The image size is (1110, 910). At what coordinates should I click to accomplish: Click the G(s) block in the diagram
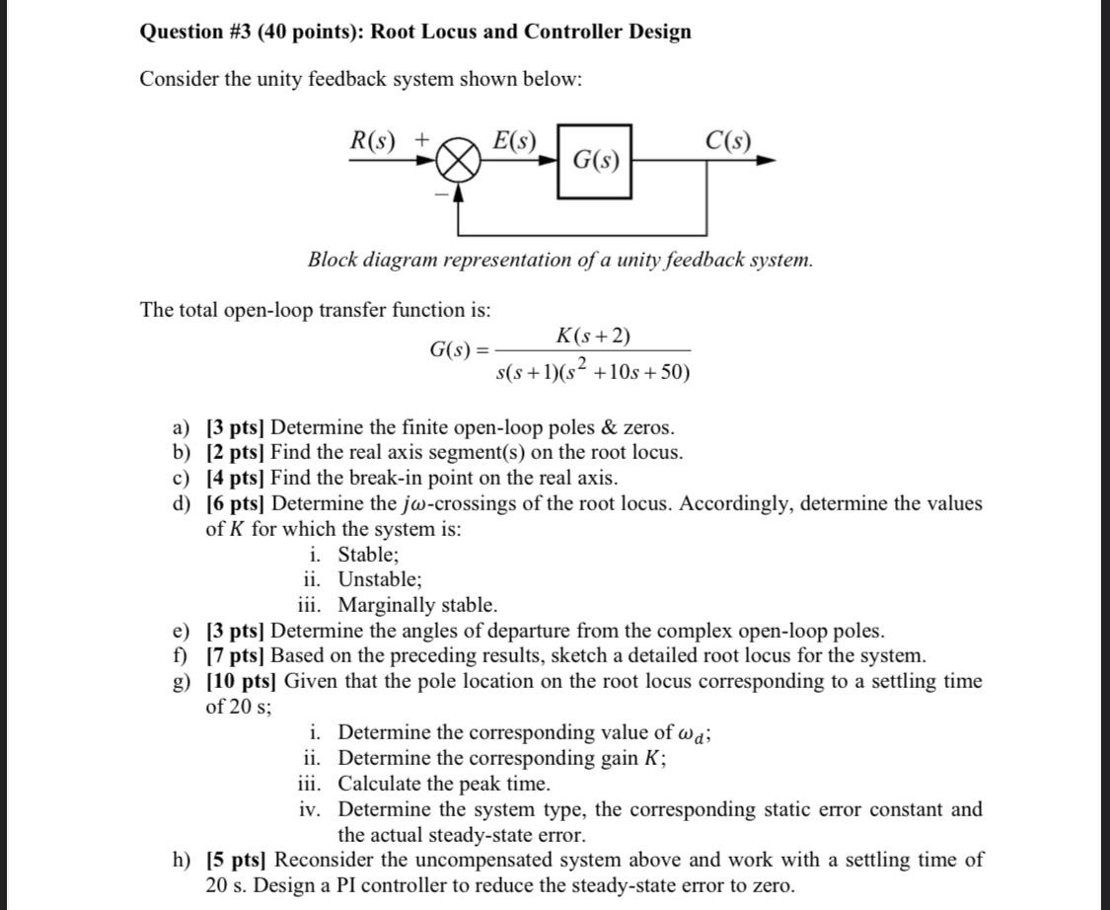pos(595,160)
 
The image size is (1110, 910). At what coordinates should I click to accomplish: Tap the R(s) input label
pos(374,140)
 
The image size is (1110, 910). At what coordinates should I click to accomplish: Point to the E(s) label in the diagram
pos(514,140)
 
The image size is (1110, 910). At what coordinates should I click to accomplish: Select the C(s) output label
pos(728,140)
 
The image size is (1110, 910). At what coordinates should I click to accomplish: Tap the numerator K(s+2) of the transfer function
pos(593,336)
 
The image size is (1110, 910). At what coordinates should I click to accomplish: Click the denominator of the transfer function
pos(592,371)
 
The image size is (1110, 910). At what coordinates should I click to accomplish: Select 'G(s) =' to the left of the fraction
pos(458,350)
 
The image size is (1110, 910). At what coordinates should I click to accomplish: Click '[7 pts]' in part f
pos(237,655)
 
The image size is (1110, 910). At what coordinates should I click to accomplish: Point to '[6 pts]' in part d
pos(237,503)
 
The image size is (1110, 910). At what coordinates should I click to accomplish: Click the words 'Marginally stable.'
pos(417,605)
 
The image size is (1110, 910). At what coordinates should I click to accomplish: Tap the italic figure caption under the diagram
pos(560,260)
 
